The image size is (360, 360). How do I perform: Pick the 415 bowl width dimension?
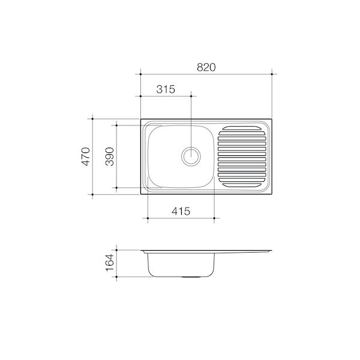tap(181, 211)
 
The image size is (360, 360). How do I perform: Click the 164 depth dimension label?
tap(109, 264)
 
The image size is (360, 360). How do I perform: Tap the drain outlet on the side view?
tap(191, 278)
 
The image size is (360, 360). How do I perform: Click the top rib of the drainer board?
tap(242, 128)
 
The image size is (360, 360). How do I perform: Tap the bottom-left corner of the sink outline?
tap(140, 193)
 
